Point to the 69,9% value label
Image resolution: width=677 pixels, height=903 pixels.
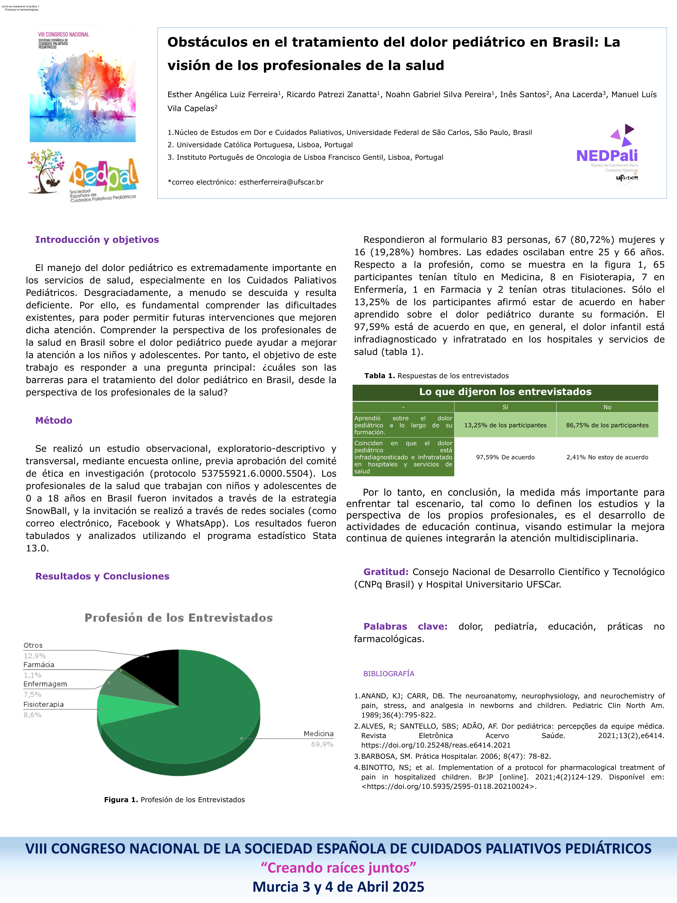pos(322,744)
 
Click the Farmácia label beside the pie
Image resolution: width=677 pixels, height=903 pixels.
pos(39,665)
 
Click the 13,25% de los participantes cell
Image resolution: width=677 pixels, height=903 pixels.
pos(505,425)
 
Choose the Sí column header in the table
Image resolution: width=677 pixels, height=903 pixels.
pos(505,407)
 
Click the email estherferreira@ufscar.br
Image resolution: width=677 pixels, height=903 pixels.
pos(281,182)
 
